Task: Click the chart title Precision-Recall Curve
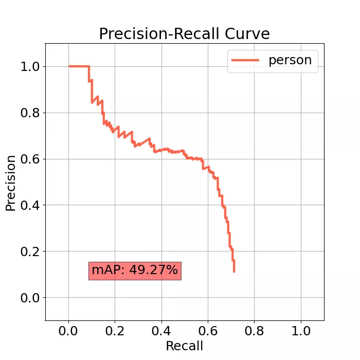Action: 184,34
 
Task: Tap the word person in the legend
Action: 290,60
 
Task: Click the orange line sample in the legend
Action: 245,60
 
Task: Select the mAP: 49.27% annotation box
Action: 135,270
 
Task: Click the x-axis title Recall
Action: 184,346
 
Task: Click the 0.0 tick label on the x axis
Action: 68,330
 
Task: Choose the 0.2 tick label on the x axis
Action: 115,330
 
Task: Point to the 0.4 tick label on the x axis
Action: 161,330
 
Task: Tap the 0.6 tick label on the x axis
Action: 208,330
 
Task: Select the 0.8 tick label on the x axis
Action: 254,330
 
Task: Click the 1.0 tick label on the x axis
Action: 301,330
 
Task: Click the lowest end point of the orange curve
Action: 234,272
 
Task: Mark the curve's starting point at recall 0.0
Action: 69,66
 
